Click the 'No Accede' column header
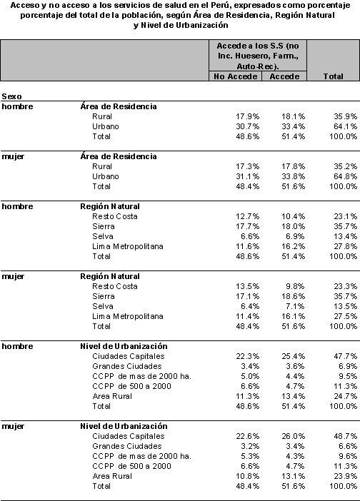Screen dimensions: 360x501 (x=235, y=76)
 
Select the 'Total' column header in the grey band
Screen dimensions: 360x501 (x=333, y=76)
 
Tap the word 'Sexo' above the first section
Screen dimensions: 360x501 (x=11, y=96)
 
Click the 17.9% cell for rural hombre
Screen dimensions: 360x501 (x=247, y=116)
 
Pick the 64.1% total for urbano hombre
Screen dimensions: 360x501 (x=345, y=126)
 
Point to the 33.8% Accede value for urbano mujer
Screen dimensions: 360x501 (x=293, y=176)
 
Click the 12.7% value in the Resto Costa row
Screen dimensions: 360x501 (x=247, y=216)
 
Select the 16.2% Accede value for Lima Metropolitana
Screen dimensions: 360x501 (x=293, y=246)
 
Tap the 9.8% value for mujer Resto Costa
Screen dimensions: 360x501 (x=295, y=286)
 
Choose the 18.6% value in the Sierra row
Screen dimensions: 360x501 (x=293, y=296)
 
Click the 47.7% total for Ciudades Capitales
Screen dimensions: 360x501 (x=345, y=356)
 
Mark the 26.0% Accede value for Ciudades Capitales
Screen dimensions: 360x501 (x=293, y=436)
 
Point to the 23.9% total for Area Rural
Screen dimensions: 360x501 (x=345, y=476)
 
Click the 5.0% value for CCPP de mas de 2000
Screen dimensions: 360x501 (x=250, y=376)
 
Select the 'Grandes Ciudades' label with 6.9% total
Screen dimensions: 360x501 (x=127, y=366)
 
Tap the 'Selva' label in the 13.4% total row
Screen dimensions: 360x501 (x=103, y=236)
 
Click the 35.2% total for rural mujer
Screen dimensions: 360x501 (x=345, y=166)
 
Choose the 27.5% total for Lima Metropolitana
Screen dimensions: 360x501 (x=345, y=316)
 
